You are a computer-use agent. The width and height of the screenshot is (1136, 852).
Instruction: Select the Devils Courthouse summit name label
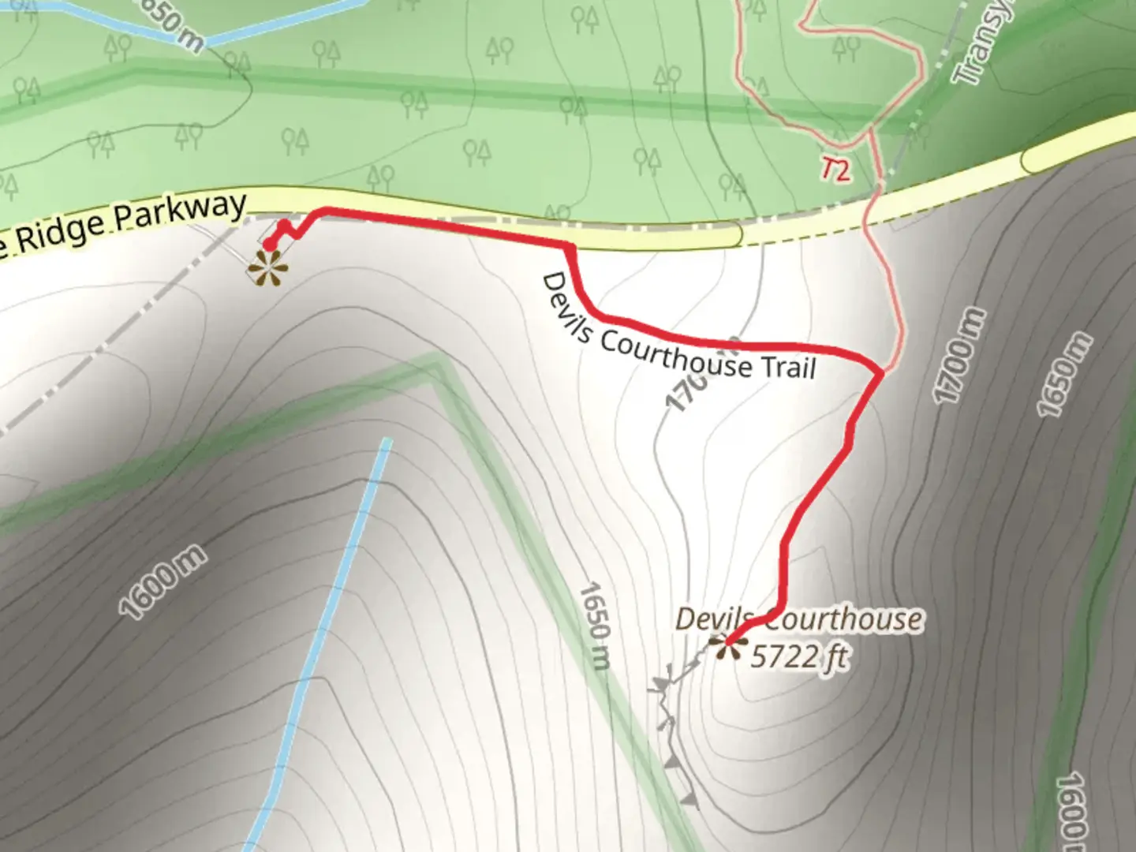(x=798, y=619)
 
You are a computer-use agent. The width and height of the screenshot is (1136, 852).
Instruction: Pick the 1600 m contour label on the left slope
(x=164, y=582)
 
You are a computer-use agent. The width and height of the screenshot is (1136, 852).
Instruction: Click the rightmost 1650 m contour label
(x=1064, y=376)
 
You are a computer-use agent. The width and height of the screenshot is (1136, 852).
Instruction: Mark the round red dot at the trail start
(x=270, y=245)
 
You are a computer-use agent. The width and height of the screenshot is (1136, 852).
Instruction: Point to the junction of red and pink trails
(x=880, y=371)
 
